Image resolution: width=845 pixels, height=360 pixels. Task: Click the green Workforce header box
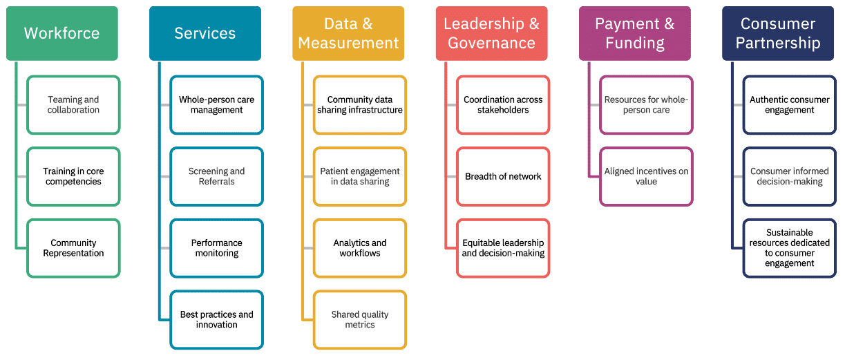[62, 33]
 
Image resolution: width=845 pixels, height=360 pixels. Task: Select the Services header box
[205, 33]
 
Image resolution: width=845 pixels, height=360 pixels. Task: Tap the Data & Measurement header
[348, 33]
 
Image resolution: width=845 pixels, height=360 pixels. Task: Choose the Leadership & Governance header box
[491, 33]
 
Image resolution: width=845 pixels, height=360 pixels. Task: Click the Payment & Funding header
[634, 33]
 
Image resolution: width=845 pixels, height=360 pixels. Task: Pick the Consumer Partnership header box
[777, 33]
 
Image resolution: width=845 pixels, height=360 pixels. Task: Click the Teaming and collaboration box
[73, 105]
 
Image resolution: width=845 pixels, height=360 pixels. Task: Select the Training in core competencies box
[73, 176]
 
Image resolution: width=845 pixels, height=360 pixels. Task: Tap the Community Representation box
[73, 248]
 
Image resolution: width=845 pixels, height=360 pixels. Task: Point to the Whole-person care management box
[216, 105]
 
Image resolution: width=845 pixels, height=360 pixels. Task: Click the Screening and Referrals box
[216, 176]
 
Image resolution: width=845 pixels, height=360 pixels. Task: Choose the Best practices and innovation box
[216, 320]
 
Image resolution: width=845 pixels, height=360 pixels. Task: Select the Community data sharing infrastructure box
[359, 105]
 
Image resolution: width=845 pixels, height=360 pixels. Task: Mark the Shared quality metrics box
[359, 320]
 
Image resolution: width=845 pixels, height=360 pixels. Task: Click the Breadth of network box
[503, 176]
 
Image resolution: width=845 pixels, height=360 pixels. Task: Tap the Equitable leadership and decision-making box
[503, 248]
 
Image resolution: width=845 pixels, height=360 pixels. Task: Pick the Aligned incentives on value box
[646, 176]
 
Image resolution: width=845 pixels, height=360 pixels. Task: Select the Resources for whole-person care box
[646, 105]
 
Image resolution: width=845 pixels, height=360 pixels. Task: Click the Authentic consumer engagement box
[789, 105]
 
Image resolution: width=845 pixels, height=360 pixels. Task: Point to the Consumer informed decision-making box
[789, 176]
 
